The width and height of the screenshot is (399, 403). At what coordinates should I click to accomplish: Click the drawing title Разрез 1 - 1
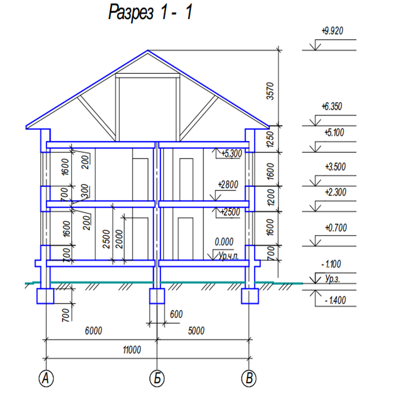pyautogui.click(x=150, y=12)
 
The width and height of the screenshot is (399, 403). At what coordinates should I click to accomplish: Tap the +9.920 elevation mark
pyautogui.click(x=332, y=31)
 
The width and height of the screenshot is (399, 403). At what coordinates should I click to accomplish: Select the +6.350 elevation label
pyautogui.click(x=332, y=106)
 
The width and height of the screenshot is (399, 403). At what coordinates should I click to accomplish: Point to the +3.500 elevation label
pyautogui.click(x=335, y=167)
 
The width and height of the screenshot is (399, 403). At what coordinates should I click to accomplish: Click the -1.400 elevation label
pyautogui.click(x=335, y=300)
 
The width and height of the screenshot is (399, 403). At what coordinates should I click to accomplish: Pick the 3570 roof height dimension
pyautogui.click(x=270, y=91)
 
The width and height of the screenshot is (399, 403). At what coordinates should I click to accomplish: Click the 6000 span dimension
pyautogui.click(x=93, y=330)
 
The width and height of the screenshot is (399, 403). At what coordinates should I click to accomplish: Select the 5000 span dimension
pyautogui.click(x=196, y=330)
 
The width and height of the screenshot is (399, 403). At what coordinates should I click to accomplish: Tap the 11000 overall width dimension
pyautogui.click(x=132, y=350)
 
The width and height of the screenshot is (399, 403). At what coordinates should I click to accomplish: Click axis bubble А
pyautogui.click(x=46, y=379)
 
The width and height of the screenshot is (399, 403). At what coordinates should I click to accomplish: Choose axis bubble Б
pyautogui.click(x=157, y=379)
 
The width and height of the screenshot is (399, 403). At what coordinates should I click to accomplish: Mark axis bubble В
pyautogui.click(x=249, y=379)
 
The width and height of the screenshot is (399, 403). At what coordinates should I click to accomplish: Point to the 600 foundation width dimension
pyautogui.click(x=176, y=314)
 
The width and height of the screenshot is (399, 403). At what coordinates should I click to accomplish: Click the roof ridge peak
pyautogui.click(x=147, y=51)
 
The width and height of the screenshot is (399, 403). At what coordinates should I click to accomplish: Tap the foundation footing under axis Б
pyautogui.click(x=157, y=296)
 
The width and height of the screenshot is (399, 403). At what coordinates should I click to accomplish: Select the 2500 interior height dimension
pyautogui.click(x=106, y=239)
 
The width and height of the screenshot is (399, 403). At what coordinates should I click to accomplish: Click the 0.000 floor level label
pyautogui.click(x=224, y=242)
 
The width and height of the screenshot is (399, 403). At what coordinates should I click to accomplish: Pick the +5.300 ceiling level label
pyautogui.click(x=231, y=154)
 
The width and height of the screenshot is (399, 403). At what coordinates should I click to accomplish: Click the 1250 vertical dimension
pyautogui.click(x=270, y=139)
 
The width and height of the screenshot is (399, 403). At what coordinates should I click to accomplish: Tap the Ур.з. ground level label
pyautogui.click(x=332, y=279)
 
